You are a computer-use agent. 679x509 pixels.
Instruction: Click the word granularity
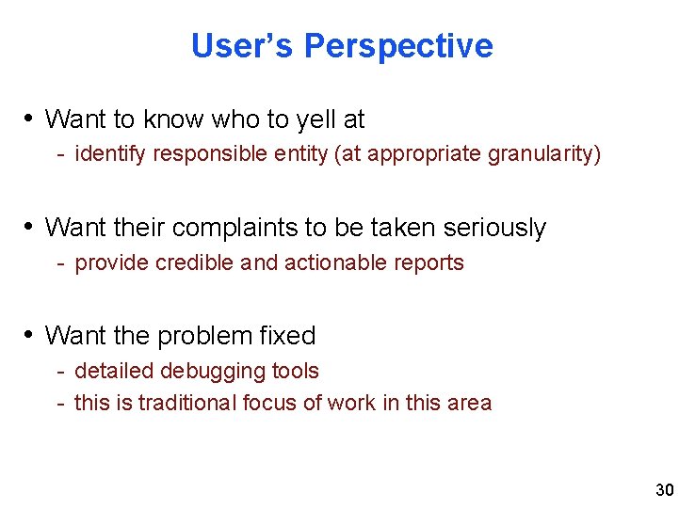543,154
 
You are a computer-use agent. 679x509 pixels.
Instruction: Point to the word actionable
329,262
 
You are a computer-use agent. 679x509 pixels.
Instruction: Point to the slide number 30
664,490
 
